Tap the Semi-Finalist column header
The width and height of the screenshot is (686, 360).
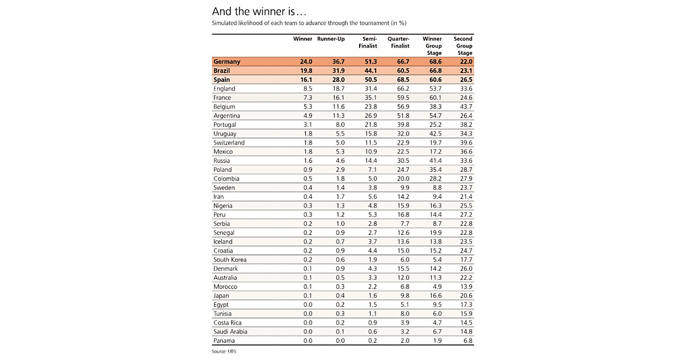pos(368,42)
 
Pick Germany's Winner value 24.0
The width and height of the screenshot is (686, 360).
pos(306,62)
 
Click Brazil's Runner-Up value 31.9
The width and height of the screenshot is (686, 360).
pos(338,71)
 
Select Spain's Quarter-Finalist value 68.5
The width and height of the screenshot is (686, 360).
pos(402,80)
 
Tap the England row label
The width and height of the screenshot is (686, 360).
pos(224,89)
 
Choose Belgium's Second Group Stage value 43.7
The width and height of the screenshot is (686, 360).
pos(466,107)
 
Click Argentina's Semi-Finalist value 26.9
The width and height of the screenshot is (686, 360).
pos(370,115)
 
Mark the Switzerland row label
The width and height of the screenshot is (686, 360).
pos(229,142)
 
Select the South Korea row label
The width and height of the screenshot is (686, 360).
pos(230,259)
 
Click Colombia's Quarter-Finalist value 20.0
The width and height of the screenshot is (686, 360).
pos(402,178)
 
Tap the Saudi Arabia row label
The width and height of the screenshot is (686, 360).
pos(230,331)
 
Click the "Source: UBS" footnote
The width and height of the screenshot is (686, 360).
pos(224,351)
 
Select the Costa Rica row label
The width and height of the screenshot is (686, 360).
pos(227,323)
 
